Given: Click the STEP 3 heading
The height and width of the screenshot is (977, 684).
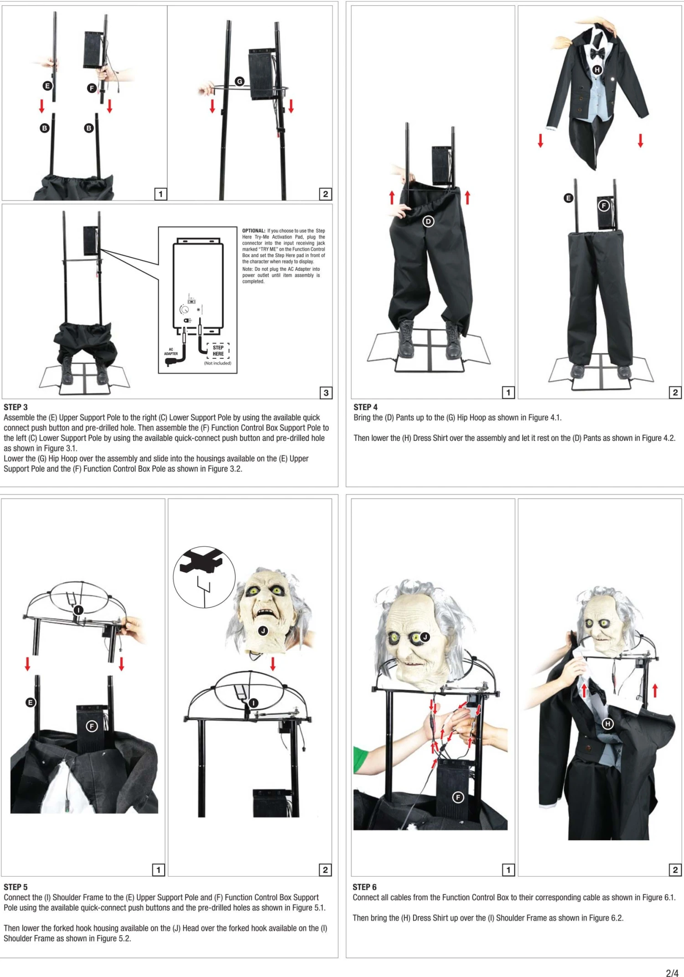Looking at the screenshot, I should click(x=16, y=407).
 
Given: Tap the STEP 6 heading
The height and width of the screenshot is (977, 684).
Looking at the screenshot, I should click(x=364, y=887).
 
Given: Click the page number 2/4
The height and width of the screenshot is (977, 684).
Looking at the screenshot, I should click(x=672, y=973).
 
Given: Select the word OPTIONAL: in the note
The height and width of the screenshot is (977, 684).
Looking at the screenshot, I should click(x=254, y=231).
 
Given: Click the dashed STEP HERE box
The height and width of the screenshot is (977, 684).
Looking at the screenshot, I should click(x=218, y=351).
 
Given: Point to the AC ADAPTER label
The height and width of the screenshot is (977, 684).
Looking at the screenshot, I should click(x=171, y=352).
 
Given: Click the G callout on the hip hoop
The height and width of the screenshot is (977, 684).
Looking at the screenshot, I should click(x=239, y=82).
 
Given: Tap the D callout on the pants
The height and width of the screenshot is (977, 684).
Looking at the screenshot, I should click(x=428, y=222).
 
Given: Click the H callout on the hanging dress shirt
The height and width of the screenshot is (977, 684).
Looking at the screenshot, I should click(x=597, y=70).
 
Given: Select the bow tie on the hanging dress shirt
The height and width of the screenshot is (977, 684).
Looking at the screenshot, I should click(x=597, y=53).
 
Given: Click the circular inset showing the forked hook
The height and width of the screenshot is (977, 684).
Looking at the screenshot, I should click(x=204, y=577).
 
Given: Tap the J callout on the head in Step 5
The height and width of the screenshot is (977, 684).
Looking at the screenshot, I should click(x=263, y=631).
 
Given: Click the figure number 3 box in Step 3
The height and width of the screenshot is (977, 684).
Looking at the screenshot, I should click(x=326, y=393).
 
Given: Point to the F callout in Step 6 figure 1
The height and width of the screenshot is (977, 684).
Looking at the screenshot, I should click(x=458, y=797).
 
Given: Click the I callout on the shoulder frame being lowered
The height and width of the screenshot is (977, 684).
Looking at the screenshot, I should click(x=78, y=610).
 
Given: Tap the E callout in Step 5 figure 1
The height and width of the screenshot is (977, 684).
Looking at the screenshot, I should click(x=30, y=702).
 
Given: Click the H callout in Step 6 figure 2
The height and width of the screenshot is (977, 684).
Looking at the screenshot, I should click(x=607, y=724).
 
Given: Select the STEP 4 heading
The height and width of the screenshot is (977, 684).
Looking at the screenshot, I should click(x=365, y=407).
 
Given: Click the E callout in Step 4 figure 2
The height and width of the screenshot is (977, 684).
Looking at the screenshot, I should click(x=568, y=198).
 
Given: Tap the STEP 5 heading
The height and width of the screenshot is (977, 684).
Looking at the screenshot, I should click(x=16, y=887).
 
